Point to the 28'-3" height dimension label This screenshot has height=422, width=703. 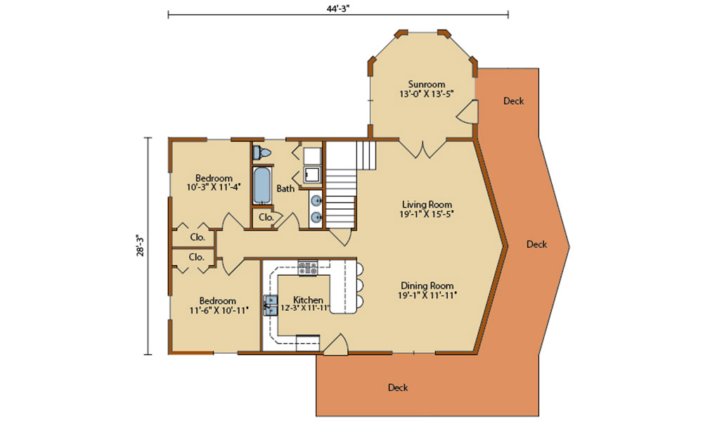tap(141, 245)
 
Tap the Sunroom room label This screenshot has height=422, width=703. tap(427, 84)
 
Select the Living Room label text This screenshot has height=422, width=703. tap(427, 205)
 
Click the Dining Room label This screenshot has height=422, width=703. tap(427, 286)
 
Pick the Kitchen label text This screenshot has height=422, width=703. tap(308, 300)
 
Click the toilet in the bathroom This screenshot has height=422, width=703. tap(262, 153)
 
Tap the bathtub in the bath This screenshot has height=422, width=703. tap(262, 186)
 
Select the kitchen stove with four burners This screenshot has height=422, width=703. tap(308, 268)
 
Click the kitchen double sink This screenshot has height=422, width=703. tap(271, 305)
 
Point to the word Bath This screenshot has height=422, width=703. tap(285, 188)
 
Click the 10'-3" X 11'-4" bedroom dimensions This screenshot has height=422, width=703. tap(214, 187)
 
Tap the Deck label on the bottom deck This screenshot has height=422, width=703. tap(398, 388)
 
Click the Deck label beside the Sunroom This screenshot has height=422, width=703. tap(513, 101)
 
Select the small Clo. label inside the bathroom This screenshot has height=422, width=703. tap(266, 217)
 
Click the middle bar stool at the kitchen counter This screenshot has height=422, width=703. tap(360, 284)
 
